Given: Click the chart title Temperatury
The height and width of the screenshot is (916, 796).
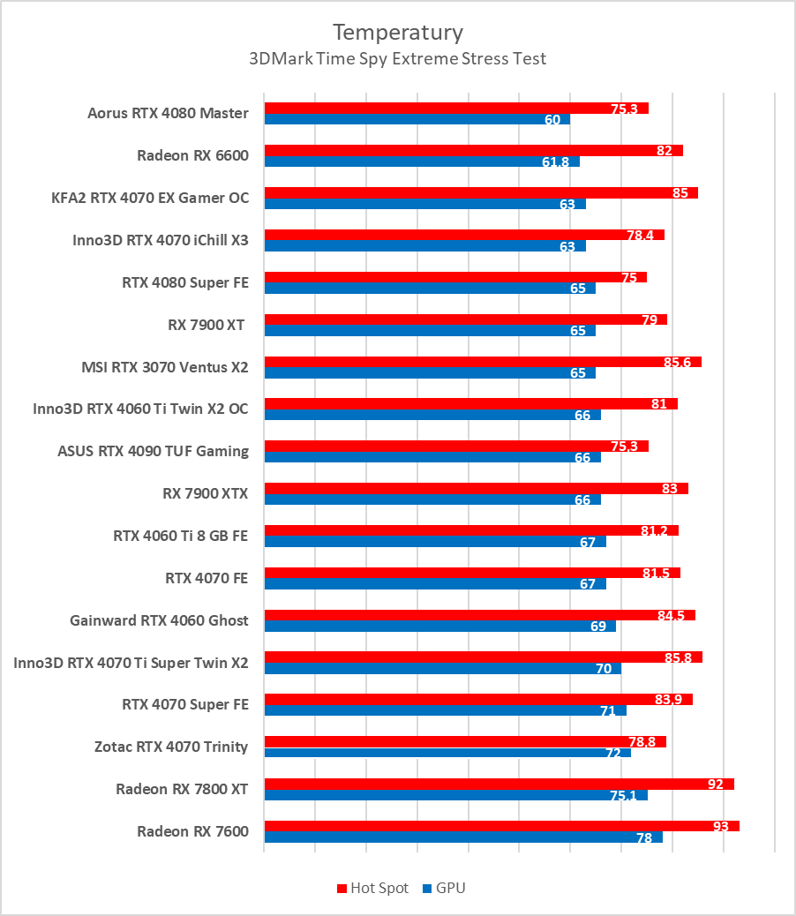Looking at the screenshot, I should (x=397, y=33).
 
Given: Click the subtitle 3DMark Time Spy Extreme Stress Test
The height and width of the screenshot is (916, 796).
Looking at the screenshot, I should (x=397, y=59).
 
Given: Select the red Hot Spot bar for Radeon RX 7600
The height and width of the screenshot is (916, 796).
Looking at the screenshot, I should (x=501, y=826).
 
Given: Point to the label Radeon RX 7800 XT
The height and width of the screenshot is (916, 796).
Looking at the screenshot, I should (x=182, y=789).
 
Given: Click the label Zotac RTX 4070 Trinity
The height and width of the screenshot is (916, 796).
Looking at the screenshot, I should (x=171, y=747).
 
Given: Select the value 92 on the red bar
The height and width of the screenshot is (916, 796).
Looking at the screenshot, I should (x=716, y=784).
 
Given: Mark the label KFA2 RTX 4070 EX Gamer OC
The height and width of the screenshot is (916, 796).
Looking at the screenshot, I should (x=150, y=198).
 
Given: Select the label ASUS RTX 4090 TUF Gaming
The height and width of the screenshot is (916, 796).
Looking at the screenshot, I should (x=153, y=451).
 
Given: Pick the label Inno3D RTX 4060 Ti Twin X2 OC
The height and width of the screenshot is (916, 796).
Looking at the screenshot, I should (x=140, y=409).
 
